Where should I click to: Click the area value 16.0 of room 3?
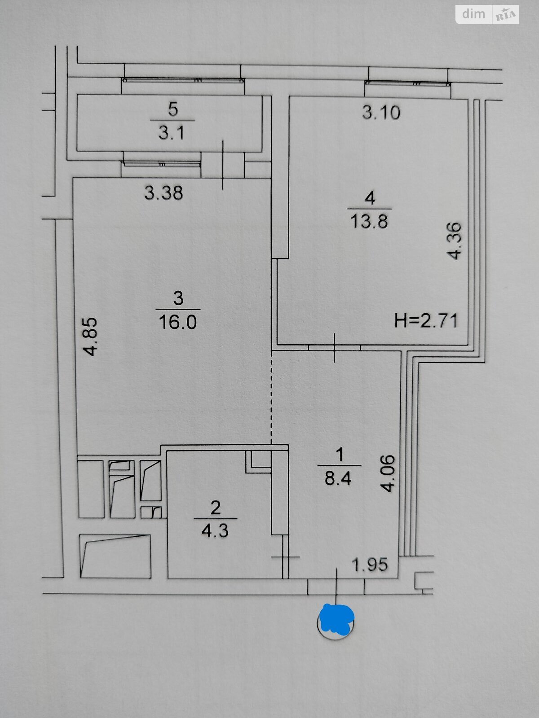tap(178, 322)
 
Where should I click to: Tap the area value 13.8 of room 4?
tap(369, 221)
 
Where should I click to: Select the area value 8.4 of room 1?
tap(338, 479)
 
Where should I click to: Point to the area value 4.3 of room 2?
tap(215, 532)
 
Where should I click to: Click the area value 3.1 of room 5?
tap(172, 133)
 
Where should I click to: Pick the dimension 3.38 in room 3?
tap(163, 193)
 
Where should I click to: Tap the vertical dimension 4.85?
tap(90, 337)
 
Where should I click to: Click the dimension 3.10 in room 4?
tap(381, 113)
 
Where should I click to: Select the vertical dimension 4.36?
tap(454, 241)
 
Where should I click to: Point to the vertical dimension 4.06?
tap(388, 473)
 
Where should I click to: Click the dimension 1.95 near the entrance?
tap(370, 564)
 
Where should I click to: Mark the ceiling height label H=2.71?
tap(425, 320)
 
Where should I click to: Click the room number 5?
tap(173, 109)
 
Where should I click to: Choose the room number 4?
tap(370, 198)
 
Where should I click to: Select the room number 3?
tap(178, 298)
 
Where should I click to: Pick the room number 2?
tap(215, 508)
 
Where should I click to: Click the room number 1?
tap(340, 455)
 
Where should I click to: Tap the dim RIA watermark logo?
tap(487, 14)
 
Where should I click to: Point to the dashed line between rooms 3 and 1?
tap(271, 398)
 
